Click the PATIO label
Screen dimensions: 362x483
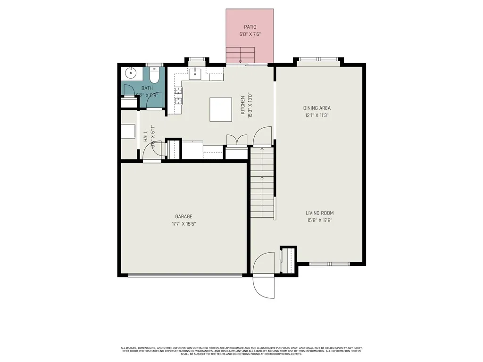click(x=250, y=27)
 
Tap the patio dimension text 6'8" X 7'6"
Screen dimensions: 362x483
click(x=250, y=34)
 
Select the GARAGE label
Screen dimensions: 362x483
click(x=184, y=216)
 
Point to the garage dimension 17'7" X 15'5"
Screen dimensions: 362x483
click(x=184, y=224)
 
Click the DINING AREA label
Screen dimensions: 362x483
click(x=316, y=108)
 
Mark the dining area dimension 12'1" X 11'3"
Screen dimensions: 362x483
click(x=316, y=115)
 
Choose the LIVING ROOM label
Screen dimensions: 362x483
click(x=319, y=213)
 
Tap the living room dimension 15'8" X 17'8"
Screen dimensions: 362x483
click(x=319, y=220)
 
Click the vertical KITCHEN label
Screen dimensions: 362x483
click(x=243, y=105)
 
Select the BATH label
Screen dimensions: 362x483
click(x=147, y=88)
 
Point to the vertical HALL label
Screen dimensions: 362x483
click(x=145, y=137)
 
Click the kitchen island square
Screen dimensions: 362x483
click(x=221, y=109)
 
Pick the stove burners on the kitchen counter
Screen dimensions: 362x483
click(x=179, y=97)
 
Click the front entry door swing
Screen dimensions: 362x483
click(x=263, y=275)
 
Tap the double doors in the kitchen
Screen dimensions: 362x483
click(x=236, y=140)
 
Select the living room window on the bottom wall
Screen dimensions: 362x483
click(x=329, y=264)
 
